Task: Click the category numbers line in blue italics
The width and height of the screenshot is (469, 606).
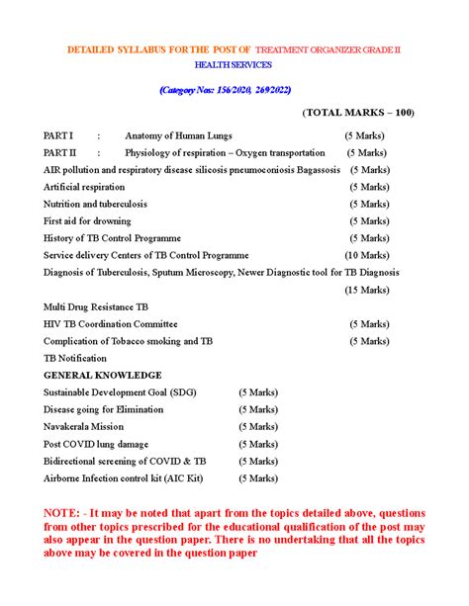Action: (x=234, y=89)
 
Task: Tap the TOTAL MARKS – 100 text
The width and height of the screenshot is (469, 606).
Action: (x=358, y=113)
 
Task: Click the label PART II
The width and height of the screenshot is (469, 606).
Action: (x=59, y=153)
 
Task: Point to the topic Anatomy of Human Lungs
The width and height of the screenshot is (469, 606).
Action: (x=182, y=135)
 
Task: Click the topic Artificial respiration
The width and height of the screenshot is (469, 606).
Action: (x=84, y=187)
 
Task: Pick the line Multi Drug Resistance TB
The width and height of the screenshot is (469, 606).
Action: (x=96, y=307)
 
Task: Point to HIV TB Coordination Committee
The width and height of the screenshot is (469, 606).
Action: (x=111, y=324)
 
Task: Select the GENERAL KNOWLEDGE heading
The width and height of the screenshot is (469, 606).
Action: (x=102, y=376)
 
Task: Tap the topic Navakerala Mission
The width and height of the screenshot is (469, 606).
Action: (x=83, y=427)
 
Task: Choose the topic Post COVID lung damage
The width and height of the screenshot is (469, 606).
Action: (x=95, y=444)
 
